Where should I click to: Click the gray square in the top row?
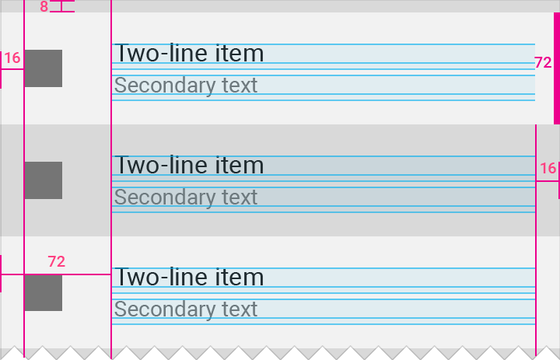[44, 68]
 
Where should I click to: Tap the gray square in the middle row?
[44, 180]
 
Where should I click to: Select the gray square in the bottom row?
[44, 292]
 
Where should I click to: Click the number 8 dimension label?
[44, 6]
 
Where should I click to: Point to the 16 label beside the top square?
[12, 58]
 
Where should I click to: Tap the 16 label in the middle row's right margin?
[548, 168]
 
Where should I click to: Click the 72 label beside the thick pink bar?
[543, 63]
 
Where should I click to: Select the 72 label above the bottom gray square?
[57, 262]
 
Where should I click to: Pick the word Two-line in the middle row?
[162, 165]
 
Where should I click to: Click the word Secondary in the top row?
[165, 86]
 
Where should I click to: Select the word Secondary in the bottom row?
[165, 309]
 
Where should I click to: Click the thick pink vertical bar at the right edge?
[557, 68]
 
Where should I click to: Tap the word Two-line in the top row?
[162, 53]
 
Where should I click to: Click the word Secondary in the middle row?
[165, 197]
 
